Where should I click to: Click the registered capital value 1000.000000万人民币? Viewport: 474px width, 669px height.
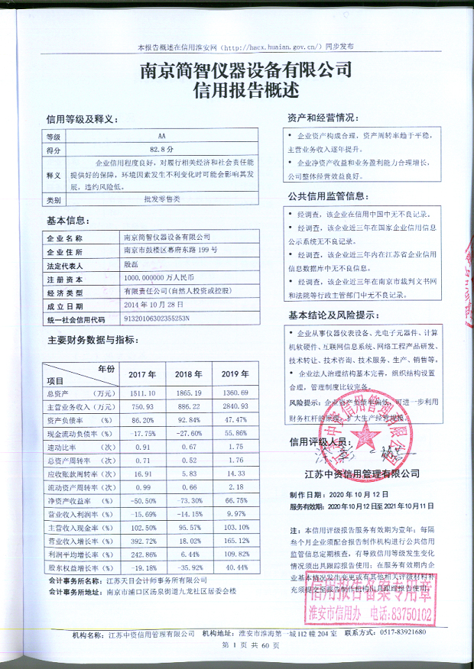tap(161, 278)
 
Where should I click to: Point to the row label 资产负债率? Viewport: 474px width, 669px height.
tap(80, 420)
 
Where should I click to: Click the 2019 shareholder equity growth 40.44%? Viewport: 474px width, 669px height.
tap(235, 568)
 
